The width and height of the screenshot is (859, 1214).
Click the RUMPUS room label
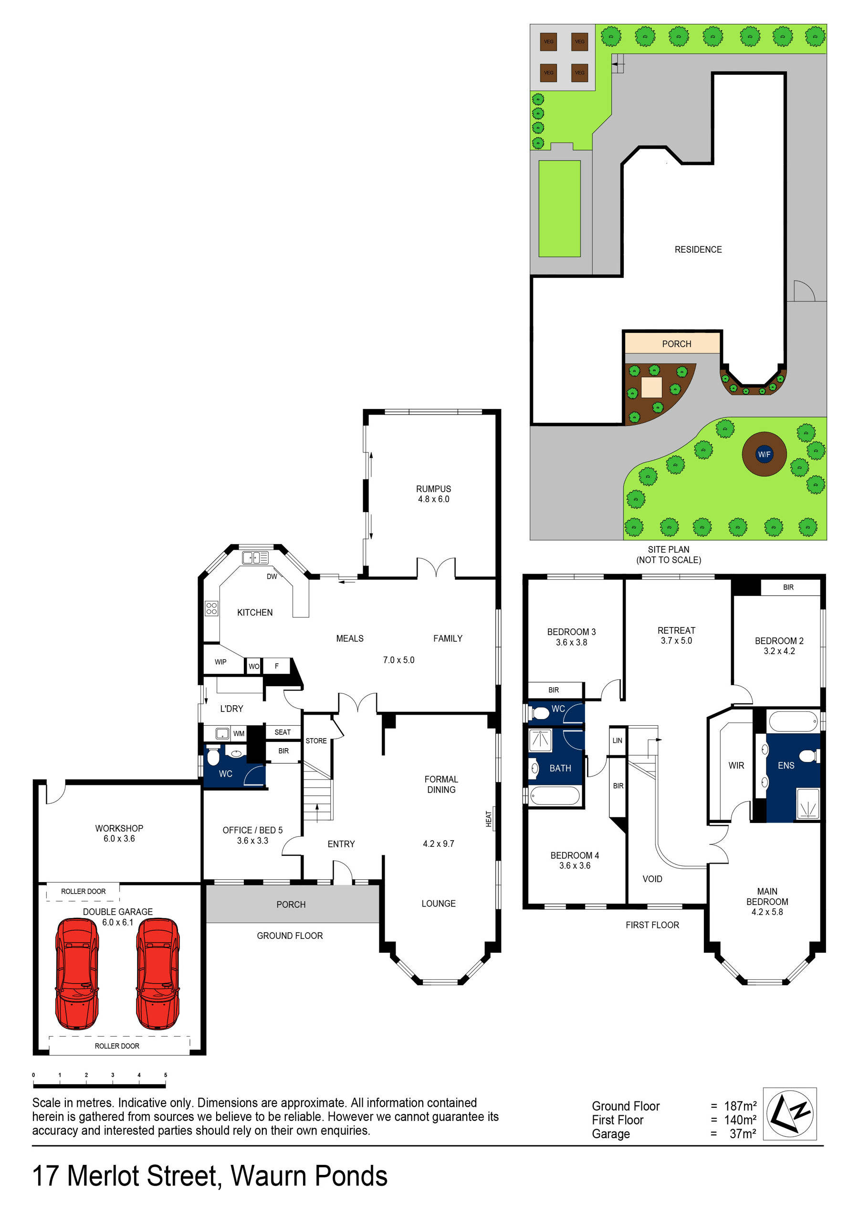(433, 489)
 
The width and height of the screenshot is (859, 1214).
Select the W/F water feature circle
(764, 454)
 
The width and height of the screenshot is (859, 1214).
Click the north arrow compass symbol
(789, 1114)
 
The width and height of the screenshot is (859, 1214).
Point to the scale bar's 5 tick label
(165, 1075)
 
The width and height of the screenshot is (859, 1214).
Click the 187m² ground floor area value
(740, 1106)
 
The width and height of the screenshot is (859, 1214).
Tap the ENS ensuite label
(786, 765)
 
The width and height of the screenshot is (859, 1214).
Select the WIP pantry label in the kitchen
(220, 662)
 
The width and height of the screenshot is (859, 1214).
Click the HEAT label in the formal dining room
(489, 819)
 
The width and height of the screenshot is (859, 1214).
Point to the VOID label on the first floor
(652, 879)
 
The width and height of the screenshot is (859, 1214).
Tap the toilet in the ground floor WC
(213, 757)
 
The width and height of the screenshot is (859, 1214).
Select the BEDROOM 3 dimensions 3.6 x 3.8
(571, 642)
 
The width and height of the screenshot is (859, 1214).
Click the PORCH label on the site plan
(676, 344)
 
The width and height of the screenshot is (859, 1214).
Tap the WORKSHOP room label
(119, 829)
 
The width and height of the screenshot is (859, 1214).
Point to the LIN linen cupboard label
(617, 740)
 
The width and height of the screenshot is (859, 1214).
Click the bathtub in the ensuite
(792, 721)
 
